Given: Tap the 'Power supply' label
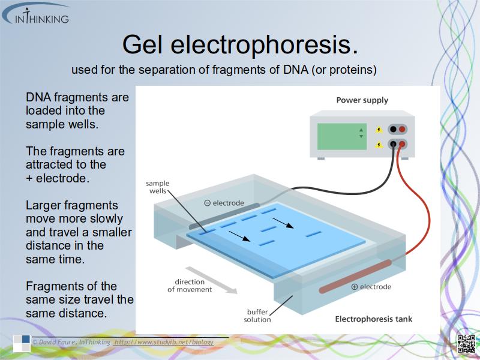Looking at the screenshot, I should [362, 100].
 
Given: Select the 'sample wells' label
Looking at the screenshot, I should [158, 187].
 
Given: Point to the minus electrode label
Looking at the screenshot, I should [224, 203].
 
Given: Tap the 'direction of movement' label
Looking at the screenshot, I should [190, 286].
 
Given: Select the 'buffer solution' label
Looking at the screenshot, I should [257, 316].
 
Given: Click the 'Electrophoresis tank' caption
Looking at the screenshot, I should [373, 319].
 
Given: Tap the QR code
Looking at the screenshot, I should [466, 344].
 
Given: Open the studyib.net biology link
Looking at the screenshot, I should [164, 342].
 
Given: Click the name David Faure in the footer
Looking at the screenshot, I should [56, 342].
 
